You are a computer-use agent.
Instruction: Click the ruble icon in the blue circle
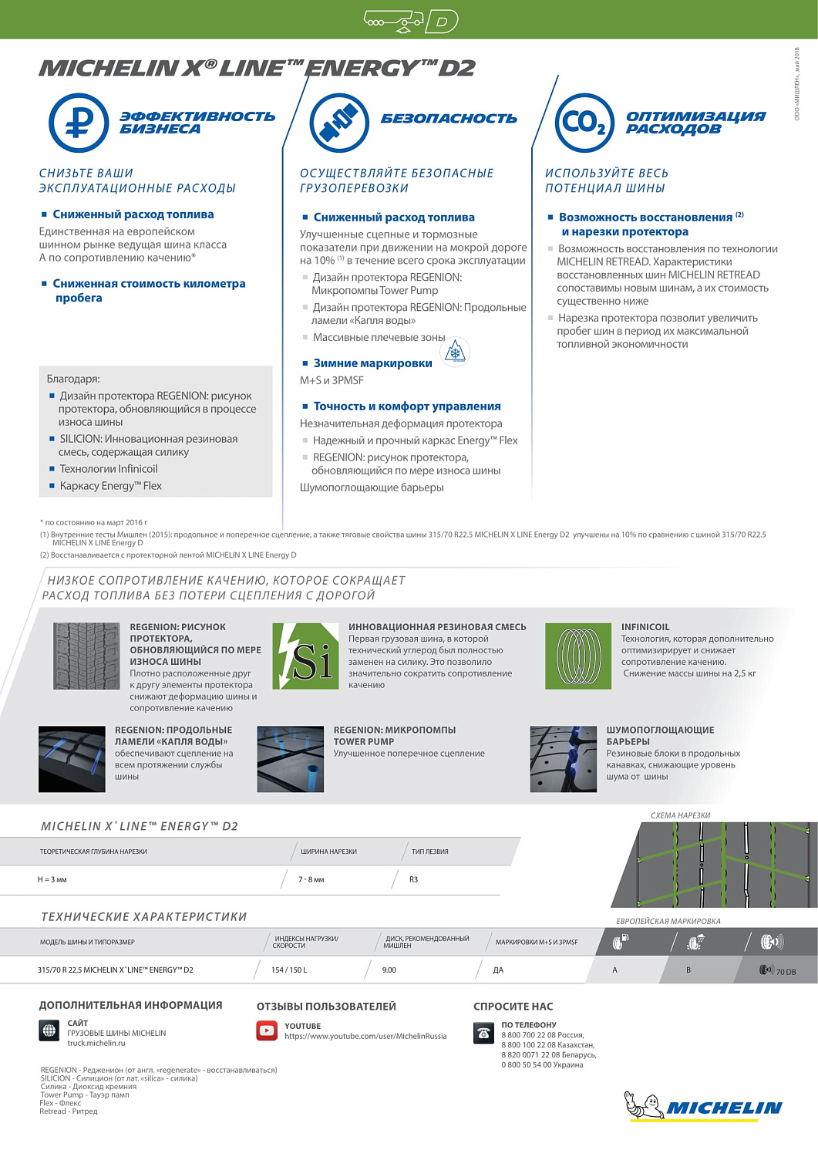(79, 123)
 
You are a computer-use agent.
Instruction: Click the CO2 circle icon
(584, 123)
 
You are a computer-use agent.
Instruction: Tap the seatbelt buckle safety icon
(339, 123)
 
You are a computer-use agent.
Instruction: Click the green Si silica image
(305, 656)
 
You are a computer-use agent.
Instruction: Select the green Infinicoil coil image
(578, 656)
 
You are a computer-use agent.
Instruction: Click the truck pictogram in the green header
(394, 21)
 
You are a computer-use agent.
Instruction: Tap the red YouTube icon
(267, 1031)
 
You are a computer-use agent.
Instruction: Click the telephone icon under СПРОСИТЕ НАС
(483, 1033)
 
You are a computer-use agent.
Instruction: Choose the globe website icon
(49, 1031)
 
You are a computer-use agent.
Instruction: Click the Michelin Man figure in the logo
(645, 1105)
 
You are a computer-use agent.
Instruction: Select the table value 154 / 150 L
(289, 970)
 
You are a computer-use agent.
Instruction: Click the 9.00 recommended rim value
(389, 970)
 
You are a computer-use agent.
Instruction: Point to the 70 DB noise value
(786, 972)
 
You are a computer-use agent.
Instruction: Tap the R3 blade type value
(413, 879)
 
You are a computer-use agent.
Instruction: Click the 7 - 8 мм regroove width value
(311, 879)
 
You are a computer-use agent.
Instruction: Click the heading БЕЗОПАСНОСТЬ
(449, 119)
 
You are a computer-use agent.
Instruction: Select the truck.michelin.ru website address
(96, 1043)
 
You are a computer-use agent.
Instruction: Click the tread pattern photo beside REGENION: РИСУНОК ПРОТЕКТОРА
(86, 656)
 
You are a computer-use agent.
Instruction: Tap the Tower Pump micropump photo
(290, 759)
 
